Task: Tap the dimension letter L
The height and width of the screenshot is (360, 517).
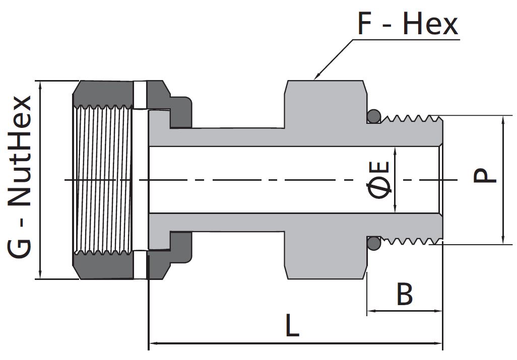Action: pyautogui.click(x=292, y=326)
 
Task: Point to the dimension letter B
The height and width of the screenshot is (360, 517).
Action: pyautogui.click(x=405, y=295)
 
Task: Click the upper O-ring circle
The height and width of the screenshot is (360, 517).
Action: pyautogui.click(x=373, y=116)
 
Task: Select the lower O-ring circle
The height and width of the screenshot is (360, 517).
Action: pyautogui.click(x=373, y=243)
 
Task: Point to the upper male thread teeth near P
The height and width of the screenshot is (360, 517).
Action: pyautogui.click(x=411, y=119)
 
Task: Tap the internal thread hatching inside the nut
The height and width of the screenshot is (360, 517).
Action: pyautogui.click(x=103, y=179)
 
